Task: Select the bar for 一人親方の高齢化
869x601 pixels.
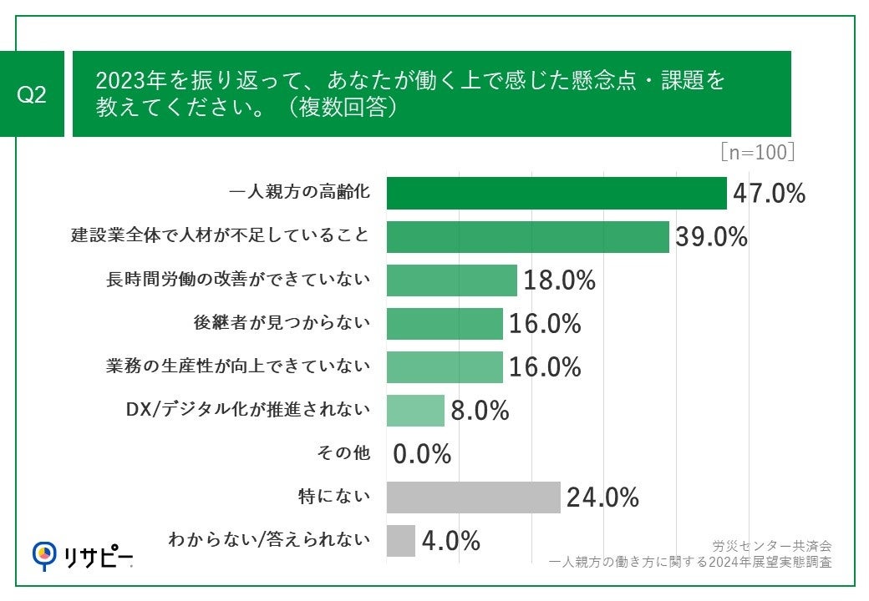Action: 556,194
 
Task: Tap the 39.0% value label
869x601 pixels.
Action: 711,237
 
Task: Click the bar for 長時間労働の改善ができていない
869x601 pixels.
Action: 451,280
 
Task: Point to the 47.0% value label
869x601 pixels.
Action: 769,194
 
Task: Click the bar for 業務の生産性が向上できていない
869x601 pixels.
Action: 445,366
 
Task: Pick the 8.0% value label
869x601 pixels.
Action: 480,411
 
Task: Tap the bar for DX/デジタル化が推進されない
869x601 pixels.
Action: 415,411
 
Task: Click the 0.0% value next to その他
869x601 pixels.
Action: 422,454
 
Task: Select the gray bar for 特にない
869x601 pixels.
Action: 473,497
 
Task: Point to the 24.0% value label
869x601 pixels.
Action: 602,498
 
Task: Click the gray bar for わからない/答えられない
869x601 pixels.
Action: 401,541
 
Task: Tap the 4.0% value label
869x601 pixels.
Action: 451,541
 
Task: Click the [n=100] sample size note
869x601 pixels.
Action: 756,153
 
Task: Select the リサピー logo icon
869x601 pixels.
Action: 44,553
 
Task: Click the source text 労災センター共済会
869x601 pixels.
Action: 771,546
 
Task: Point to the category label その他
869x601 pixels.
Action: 343,453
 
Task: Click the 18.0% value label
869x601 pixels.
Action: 559,280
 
